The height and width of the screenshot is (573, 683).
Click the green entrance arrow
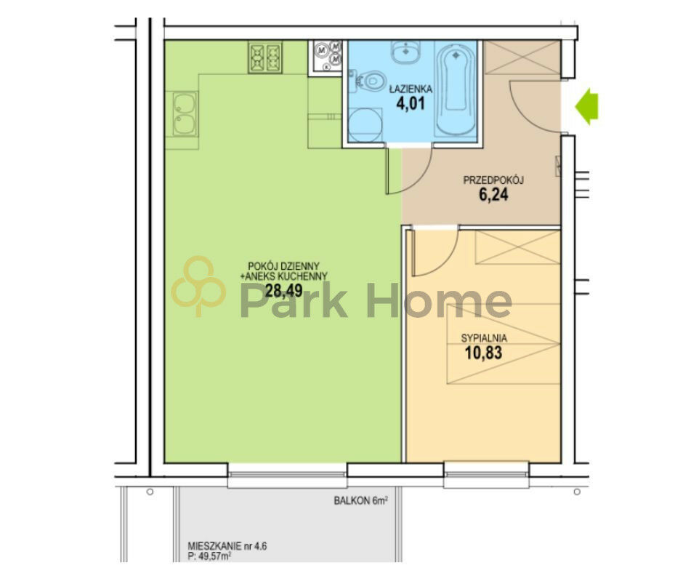point(587,106)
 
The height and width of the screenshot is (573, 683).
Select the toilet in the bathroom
point(368,81)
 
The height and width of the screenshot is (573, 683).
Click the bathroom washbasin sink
point(405,52)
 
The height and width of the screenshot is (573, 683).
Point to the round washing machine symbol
point(365,125)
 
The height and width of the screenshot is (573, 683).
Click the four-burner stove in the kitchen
point(265,57)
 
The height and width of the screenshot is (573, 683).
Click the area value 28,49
point(283,290)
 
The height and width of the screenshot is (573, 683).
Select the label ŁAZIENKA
point(411,89)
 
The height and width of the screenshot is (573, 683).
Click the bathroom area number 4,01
point(410,104)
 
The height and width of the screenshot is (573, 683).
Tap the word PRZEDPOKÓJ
point(493,180)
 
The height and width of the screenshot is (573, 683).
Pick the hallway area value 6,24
point(493,194)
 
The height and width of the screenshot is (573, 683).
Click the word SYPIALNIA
point(484,338)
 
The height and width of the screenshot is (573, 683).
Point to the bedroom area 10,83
point(483,353)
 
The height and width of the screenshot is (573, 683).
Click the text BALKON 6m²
point(360,500)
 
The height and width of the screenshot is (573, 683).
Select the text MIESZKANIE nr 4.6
point(227,546)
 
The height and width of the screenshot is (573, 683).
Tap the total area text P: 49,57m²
point(209,556)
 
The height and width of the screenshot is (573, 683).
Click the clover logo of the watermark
point(198,286)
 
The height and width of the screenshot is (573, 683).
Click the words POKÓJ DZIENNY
point(283,265)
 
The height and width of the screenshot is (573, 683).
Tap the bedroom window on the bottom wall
point(486,474)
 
